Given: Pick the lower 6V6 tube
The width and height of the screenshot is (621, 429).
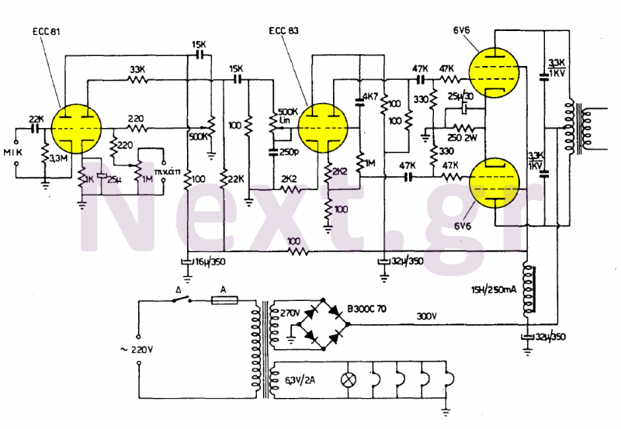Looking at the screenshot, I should pyautogui.click(x=496, y=182).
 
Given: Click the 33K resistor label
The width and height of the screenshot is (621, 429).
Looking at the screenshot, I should pyautogui.click(x=138, y=69).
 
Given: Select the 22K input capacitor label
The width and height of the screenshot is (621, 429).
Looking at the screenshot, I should pyautogui.click(x=36, y=119).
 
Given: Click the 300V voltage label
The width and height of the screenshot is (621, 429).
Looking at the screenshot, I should pyautogui.click(x=427, y=317).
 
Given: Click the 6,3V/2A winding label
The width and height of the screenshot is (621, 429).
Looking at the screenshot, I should pyautogui.click(x=300, y=380).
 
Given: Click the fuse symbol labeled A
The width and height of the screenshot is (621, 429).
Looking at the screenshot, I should pyautogui.click(x=224, y=299).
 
